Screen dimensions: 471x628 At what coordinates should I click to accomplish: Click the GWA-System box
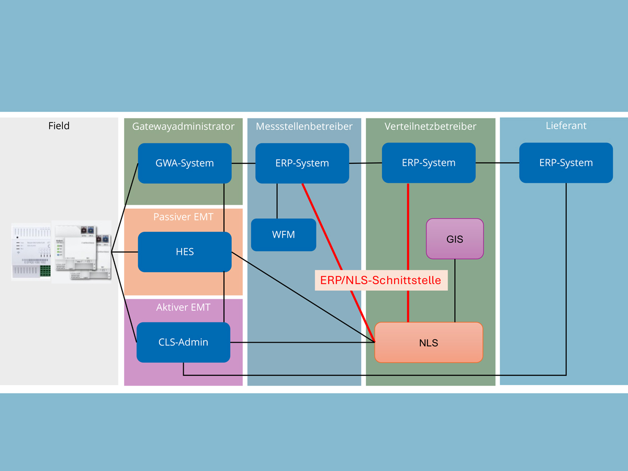tap(185, 163)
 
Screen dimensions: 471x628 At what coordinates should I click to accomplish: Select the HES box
tap(185, 252)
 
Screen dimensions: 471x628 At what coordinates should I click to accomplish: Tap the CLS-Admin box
tap(183, 342)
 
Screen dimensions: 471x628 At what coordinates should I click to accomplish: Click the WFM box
tap(284, 235)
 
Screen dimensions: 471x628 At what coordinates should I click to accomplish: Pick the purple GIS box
tap(455, 239)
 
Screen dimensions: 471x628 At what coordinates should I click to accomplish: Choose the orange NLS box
tap(429, 343)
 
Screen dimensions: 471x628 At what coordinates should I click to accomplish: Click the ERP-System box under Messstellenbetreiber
tap(302, 163)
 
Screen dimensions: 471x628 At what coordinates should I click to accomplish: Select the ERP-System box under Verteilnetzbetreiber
tap(429, 163)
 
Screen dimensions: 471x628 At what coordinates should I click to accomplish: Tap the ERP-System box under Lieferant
tap(566, 163)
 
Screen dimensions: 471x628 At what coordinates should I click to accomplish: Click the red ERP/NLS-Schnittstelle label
tap(381, 281)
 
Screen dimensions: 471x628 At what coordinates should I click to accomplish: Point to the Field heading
tap(59, 126)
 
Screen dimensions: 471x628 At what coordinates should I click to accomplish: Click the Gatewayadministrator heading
tap(183, 126)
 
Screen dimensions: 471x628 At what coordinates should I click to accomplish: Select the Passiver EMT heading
tap(183, 216)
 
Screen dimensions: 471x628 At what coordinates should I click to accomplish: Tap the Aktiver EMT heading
tap(183, 307)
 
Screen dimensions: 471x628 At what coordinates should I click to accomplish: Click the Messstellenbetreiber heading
tap(304, 126)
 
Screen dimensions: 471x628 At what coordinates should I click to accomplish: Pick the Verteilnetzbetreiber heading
tap(430, 126)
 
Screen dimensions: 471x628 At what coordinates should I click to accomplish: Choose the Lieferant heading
tap(566, 126)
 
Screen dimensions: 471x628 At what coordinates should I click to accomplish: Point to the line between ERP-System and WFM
tap(277, 201)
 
